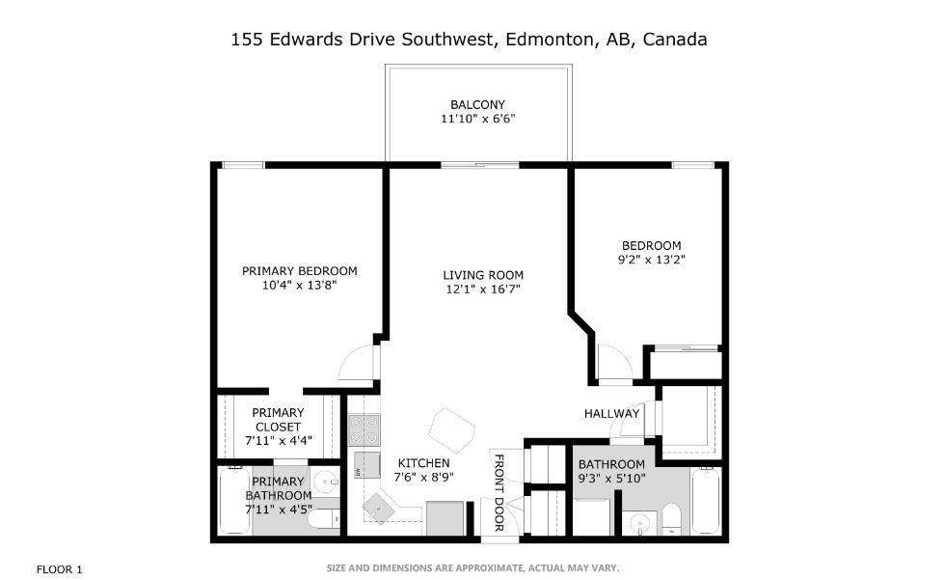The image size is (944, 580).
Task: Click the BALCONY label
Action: [x=477, y=104]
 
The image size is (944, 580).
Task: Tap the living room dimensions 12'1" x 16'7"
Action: [x=482, y=289]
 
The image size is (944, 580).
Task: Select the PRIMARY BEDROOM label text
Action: [x=299, y=270]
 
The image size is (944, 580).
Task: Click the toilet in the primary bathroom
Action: [x=323, y=519]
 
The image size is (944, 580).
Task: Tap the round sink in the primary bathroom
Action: [x=325, y=482]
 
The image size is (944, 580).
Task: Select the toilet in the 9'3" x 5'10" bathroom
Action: [x=671, y=522]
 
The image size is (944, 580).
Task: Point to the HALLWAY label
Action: [x=611, y=414]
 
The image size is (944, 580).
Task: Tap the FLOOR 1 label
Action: [x=59, y=569]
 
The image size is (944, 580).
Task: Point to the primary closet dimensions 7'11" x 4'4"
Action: [x=278, y=440]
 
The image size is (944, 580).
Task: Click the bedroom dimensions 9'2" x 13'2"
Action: [x=651, y=259]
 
